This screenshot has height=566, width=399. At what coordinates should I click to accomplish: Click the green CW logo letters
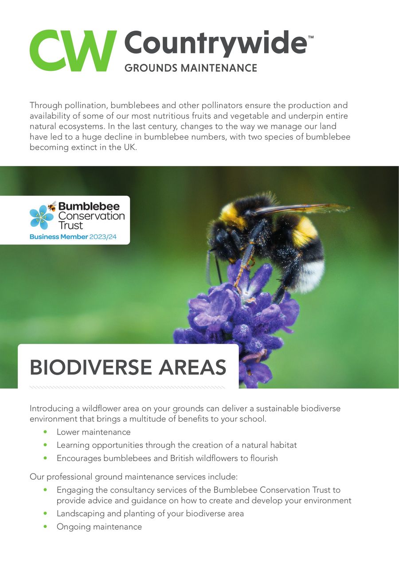(73, 50)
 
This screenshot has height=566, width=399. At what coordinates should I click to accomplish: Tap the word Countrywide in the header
(215, 43)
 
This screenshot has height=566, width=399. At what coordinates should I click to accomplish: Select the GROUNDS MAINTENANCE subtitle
(191, 68)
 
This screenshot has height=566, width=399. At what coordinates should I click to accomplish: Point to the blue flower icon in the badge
(41, 217)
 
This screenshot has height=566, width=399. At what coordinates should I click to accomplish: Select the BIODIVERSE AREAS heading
(128, 367)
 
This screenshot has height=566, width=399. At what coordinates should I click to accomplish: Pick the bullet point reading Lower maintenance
(94, 432)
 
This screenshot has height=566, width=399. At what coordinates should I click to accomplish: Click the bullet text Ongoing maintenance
(99, 527)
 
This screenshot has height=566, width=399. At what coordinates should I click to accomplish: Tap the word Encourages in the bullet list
(79, 458)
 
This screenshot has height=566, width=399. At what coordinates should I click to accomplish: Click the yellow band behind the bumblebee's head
(231, 214)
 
